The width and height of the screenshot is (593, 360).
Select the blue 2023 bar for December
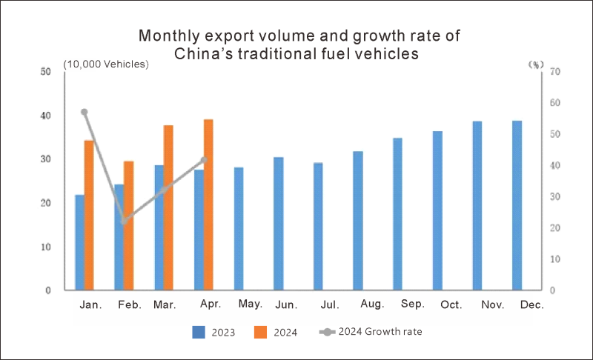(x=517, y=205)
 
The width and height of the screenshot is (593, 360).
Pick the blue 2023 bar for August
(x=358, y=221)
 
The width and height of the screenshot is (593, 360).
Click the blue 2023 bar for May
(x=239, y=229)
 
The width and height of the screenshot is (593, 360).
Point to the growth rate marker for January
(x=85, y=112)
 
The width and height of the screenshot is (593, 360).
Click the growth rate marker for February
(x=125, y=221)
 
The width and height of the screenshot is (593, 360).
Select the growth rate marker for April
(x=204, y=160)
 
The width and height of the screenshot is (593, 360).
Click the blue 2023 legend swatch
(x=198, y=332)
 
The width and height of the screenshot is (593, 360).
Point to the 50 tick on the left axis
(x=46, y=72)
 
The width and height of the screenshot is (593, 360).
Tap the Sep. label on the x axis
(x=412, y=304)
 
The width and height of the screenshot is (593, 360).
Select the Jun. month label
(x=286, y=304)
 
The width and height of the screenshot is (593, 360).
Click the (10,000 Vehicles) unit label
(x=106, y=64)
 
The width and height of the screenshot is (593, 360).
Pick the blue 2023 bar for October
(x=437, y=210)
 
